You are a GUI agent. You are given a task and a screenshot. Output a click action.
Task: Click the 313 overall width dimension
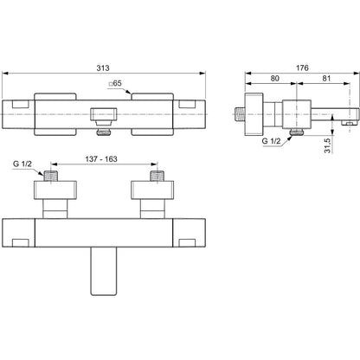click(103, 68)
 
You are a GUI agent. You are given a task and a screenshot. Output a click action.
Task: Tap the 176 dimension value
click(302, 67)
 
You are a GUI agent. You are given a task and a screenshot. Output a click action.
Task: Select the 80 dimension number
click(275, 79)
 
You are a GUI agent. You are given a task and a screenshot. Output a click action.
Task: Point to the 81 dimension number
click(326, 79)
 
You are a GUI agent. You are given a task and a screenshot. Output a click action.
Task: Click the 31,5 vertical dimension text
click(327, 145)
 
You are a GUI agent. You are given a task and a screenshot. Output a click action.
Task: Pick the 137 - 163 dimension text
click(101, 159)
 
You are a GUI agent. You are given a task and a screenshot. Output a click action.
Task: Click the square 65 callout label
click(115, 83)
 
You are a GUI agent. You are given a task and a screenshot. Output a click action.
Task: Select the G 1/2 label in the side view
click(271, 141)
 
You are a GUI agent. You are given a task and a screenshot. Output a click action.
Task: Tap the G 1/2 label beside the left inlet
click(22, 164)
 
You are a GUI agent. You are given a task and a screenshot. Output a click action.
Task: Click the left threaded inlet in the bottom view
click(51, 176)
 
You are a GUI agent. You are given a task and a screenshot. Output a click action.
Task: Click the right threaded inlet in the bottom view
click(157, 176)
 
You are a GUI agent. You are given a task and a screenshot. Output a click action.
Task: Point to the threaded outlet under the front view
click(104, 132)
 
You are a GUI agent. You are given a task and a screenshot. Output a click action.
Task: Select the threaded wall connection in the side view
click(239, 114)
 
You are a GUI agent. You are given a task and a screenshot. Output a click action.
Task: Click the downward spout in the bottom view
click(104, 271)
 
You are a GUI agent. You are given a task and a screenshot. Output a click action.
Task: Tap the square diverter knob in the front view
click(104, 114)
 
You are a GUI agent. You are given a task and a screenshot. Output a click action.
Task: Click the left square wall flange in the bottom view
click(55, 190)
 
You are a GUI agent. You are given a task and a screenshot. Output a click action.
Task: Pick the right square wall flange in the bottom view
click(152, 190)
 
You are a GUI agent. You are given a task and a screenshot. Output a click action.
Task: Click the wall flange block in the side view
click(254, 114)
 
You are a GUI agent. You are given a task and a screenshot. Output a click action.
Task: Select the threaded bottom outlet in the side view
click(296, 132)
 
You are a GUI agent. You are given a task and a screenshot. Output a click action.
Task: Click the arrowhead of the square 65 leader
click(129, 92)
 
